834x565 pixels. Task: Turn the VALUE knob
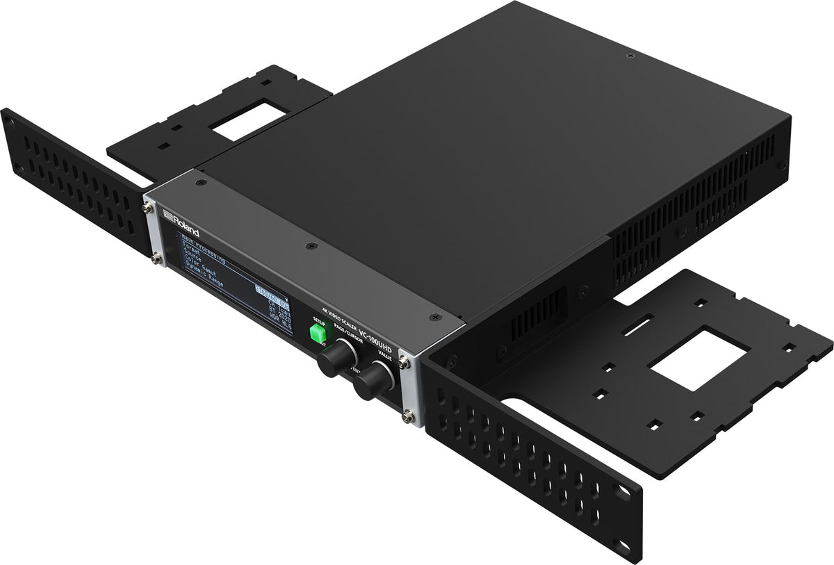click(373, 380)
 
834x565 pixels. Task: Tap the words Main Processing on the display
click(207, 249)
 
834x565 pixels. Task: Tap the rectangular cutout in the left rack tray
click(244, 118)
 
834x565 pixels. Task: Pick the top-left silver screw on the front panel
click(149, 208)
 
